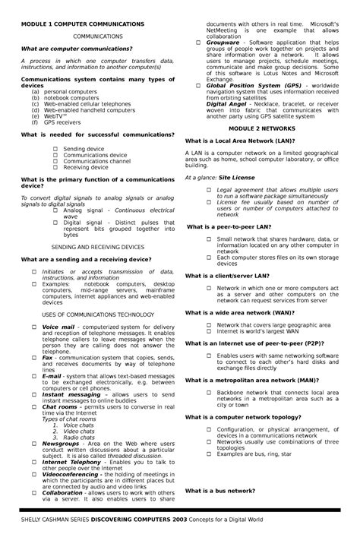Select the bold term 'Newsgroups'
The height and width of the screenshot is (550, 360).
(x=61, y=443)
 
